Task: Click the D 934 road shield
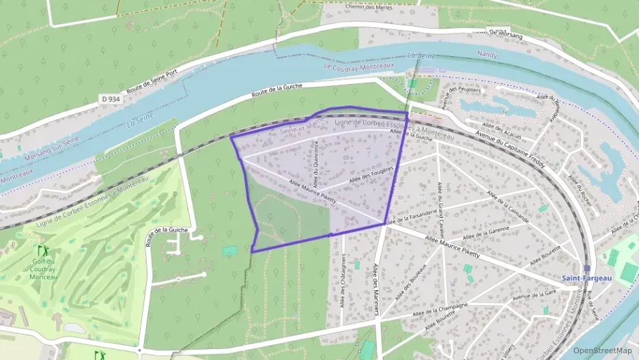click(111, 98)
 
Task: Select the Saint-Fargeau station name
click(587, 278)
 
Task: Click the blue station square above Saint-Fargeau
click(587, 268)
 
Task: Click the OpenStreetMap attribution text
click(602, 350)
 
